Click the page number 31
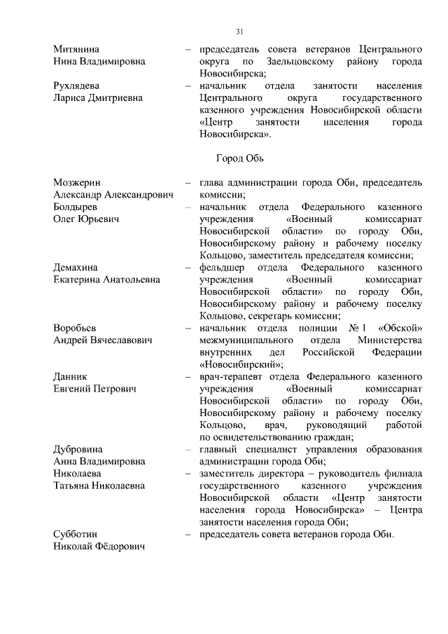tap(239, 32)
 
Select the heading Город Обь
tap(239, 159)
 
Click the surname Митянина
tap(76, 49)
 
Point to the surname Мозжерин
tap(77, 183)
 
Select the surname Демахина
tap(76, 268)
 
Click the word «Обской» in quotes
tap(400, 328)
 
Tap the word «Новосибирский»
tap(240, 364)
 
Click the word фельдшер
tap(222, 268)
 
